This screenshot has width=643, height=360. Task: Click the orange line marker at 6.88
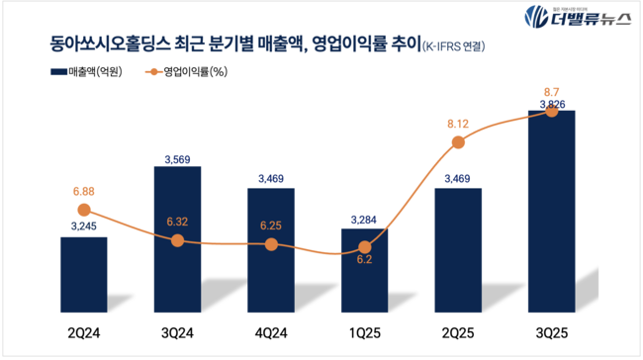[83, 210]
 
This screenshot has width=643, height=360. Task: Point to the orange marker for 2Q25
[458, 142]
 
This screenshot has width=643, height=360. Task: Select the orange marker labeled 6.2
[365, 247]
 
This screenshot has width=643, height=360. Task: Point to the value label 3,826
[552, 102]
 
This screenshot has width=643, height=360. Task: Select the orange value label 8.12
[458, 123]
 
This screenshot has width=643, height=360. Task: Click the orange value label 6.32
[177, 222]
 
